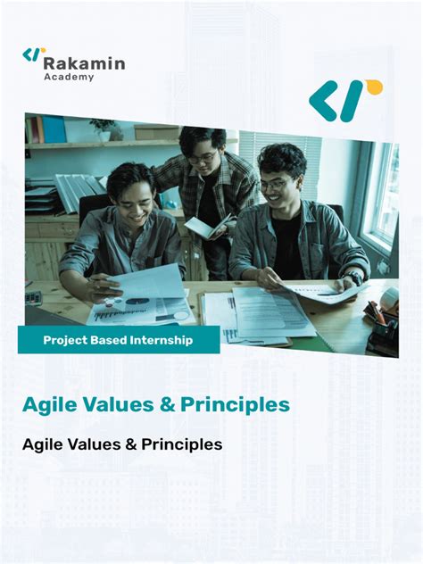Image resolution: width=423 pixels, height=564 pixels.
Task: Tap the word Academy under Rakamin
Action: click(69, 78)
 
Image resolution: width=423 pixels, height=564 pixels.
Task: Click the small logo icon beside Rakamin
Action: click(33, 55)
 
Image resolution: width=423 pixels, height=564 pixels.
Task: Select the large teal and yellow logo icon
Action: click(344, 100)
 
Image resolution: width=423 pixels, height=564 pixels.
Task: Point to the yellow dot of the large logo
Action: click(373, 87)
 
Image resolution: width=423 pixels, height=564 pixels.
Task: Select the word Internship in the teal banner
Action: click(164, 340)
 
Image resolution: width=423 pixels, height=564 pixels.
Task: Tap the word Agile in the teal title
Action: click(48, 404)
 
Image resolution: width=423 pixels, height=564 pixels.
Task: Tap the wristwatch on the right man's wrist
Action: click(355, 278)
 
